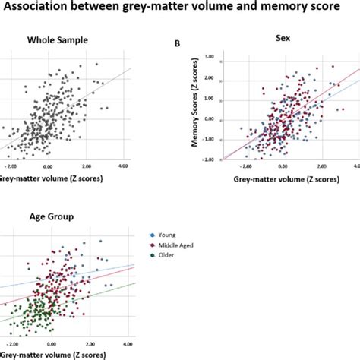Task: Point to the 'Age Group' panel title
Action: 49,217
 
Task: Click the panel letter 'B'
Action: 177,44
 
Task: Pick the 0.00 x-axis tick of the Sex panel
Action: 282,165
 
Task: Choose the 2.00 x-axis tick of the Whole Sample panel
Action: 87,166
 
